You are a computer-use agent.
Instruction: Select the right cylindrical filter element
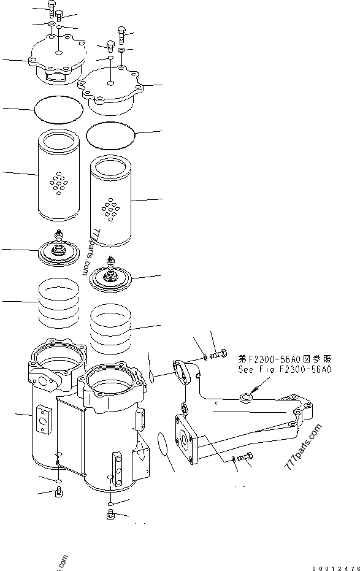[110, 202]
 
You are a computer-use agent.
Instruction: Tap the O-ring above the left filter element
[58, 110]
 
